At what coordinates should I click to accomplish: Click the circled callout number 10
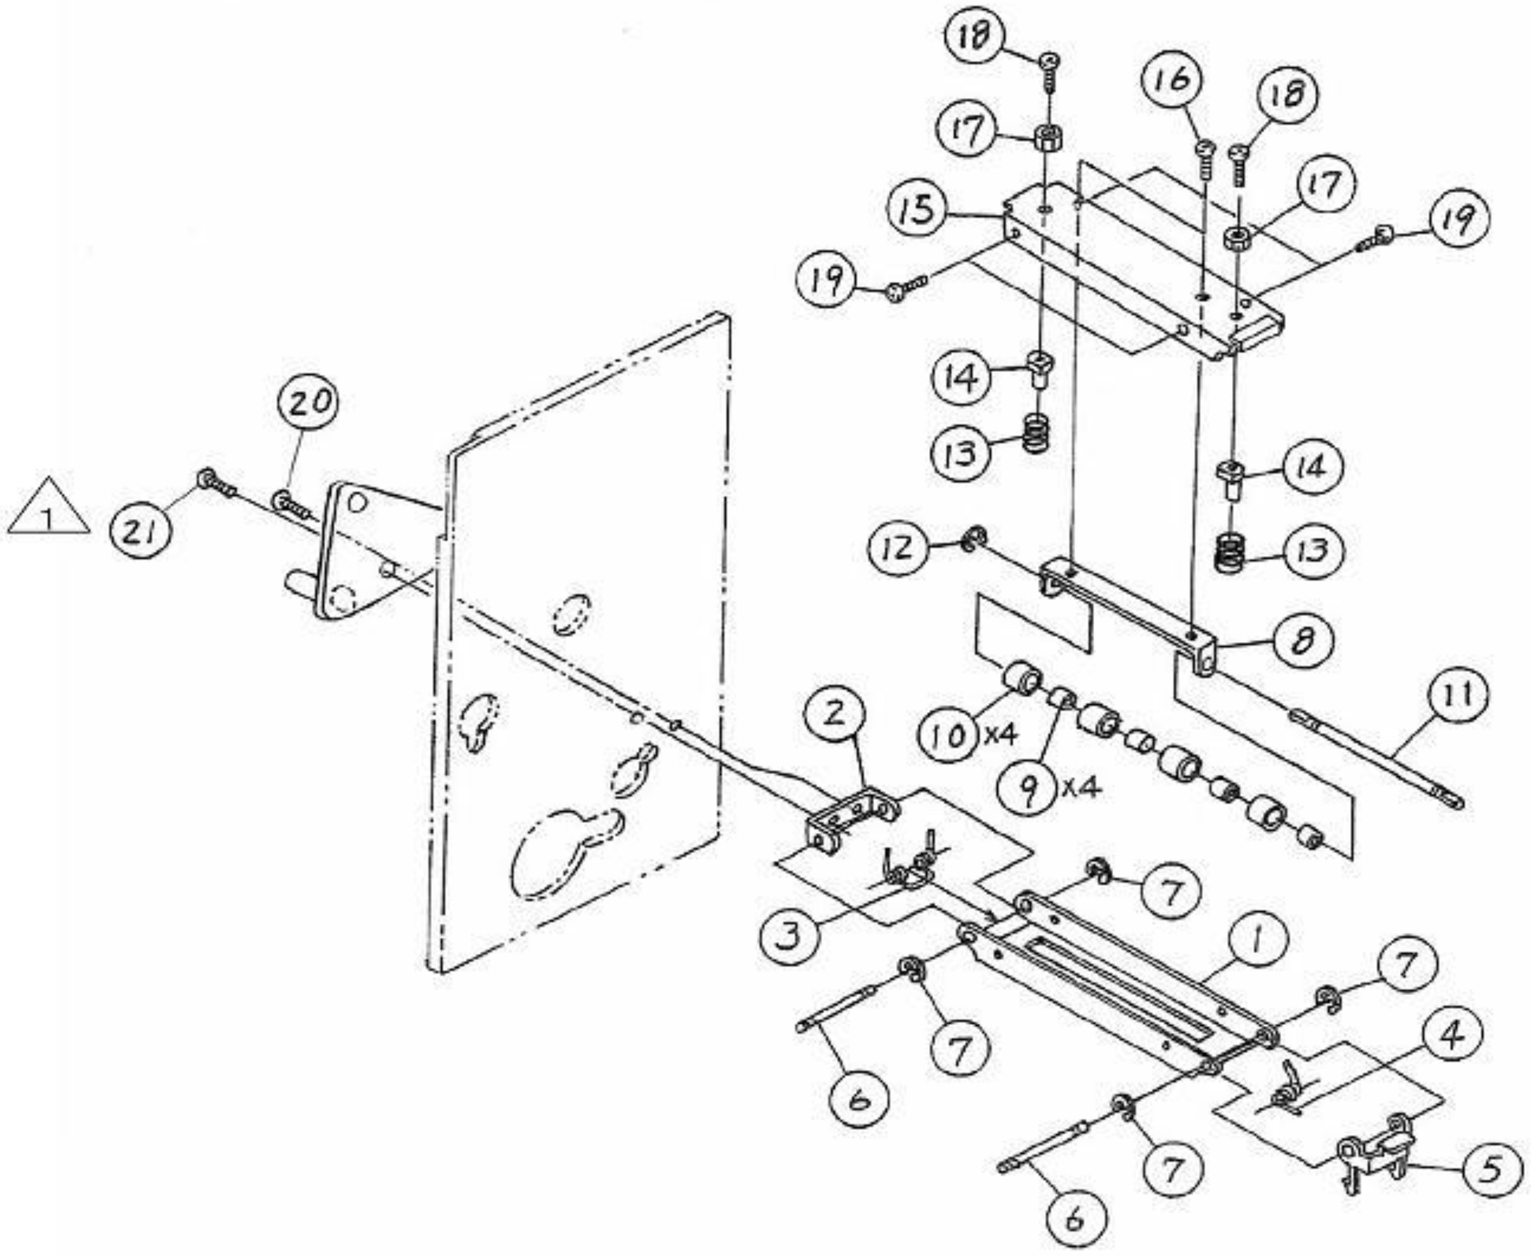[x=948, y=736]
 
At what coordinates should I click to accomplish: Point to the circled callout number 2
[x=834, y=715]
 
